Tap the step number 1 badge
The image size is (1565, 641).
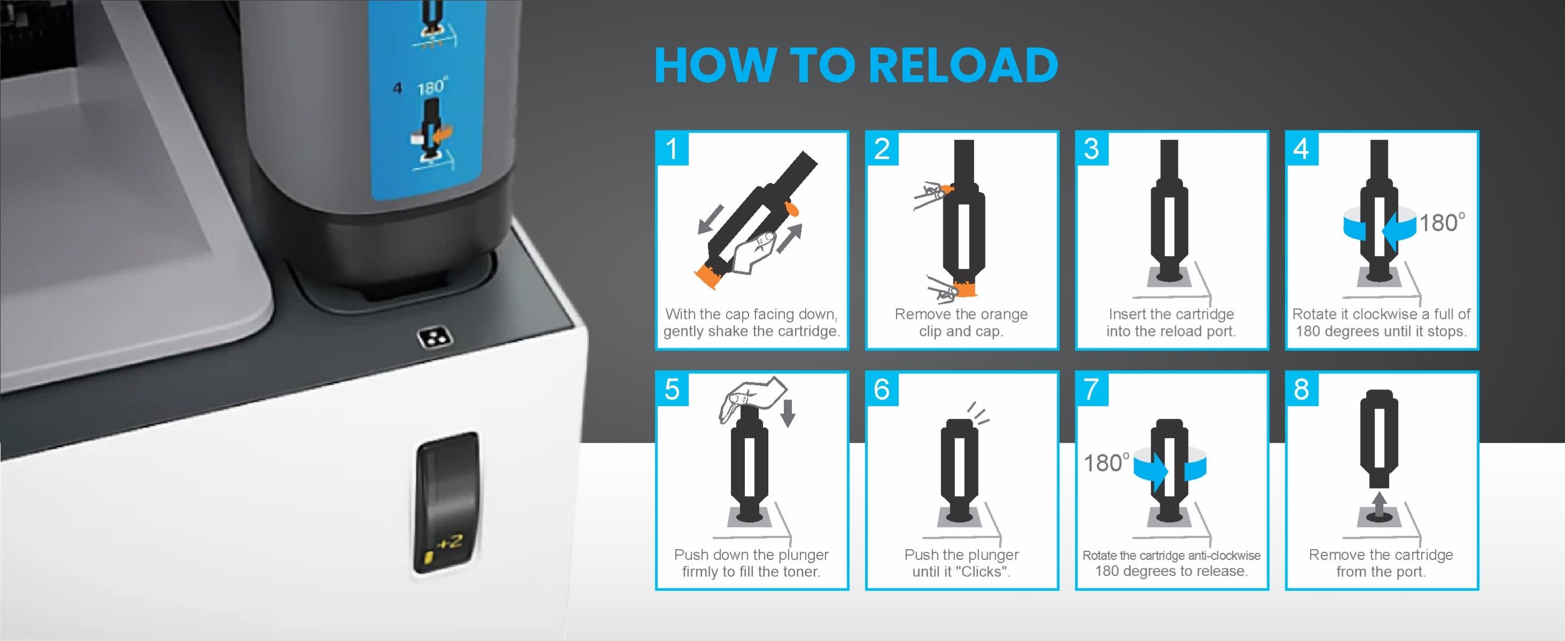click(x=672, y=148)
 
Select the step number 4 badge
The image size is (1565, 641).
click(x=1301, y=148)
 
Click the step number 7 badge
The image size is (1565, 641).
click(x=1092, y=389)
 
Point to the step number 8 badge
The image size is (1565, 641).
click(x=1301, y=389)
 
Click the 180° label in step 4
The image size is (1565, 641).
click(x=1441, y=223)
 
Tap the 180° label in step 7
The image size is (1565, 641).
click(x=1107, y=463)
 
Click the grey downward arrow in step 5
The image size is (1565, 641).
click(x=788, y=413)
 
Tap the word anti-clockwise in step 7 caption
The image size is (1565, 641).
click(x=1224, y=555)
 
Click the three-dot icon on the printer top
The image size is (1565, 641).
click(x=436, y=339)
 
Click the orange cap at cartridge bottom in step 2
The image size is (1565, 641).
click(x=966, y=289)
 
